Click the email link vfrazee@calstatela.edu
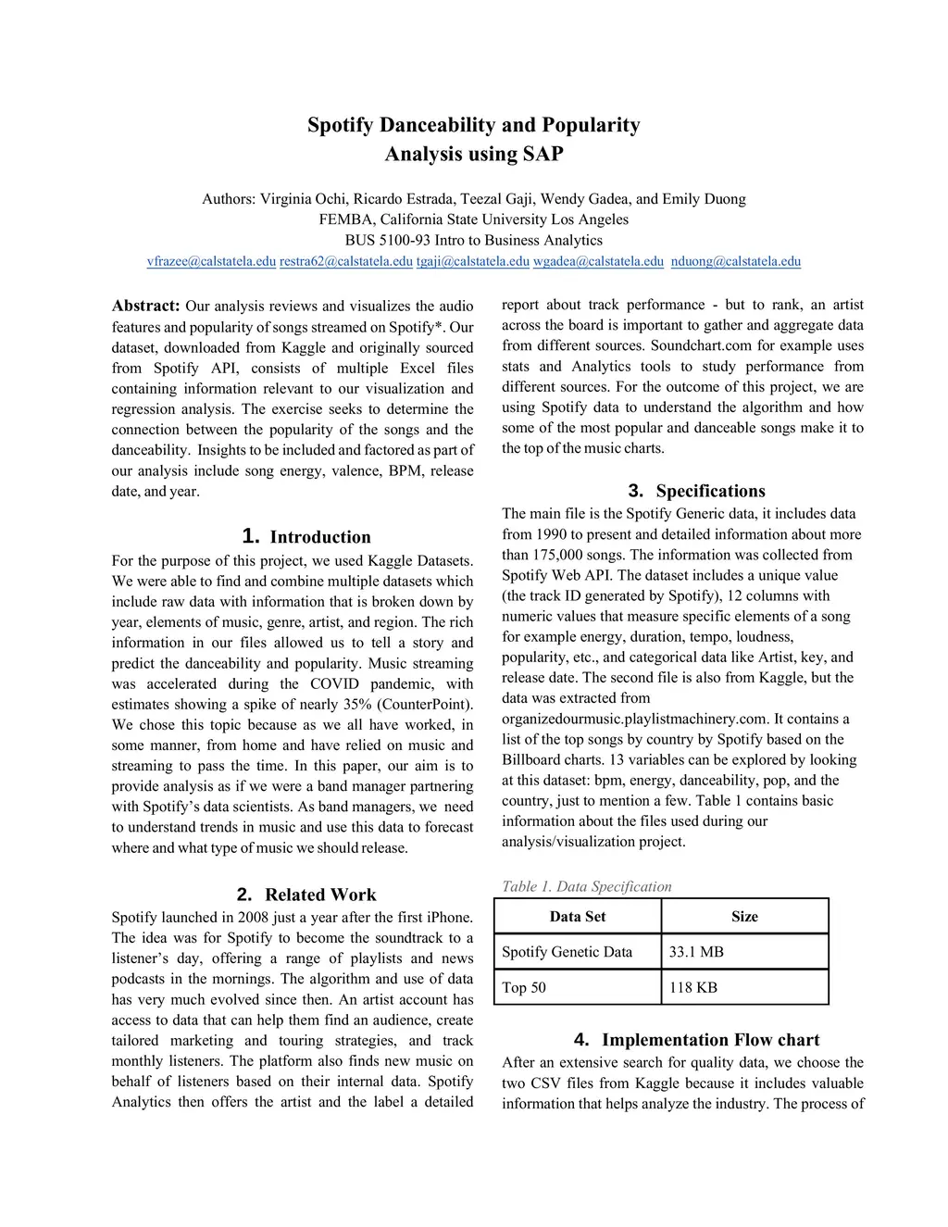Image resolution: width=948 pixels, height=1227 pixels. [211, 262]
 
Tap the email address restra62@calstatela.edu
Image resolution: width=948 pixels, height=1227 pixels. [346, 262]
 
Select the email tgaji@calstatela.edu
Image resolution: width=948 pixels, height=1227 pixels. [473, 262]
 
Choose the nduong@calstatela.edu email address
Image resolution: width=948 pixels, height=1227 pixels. [736, 262]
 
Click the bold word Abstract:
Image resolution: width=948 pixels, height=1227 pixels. [146, 307]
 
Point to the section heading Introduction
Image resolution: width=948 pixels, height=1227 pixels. [319, 537]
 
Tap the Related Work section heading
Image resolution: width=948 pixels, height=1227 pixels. [320, 895]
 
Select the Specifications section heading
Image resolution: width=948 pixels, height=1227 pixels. [710, 492]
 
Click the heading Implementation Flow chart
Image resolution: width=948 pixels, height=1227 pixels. [710, 1040]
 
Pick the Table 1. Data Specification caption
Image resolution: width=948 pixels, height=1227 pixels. [587, 887]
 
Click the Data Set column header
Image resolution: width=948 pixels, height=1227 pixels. [578, 917]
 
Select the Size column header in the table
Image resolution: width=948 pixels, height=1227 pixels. [744, 917]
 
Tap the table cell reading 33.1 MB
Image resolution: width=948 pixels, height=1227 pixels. [696, 952]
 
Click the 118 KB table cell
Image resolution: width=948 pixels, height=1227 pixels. [693, 987]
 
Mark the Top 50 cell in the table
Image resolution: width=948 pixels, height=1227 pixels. [524, 987]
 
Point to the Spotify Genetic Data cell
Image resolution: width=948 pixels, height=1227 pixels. [568, 952]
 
